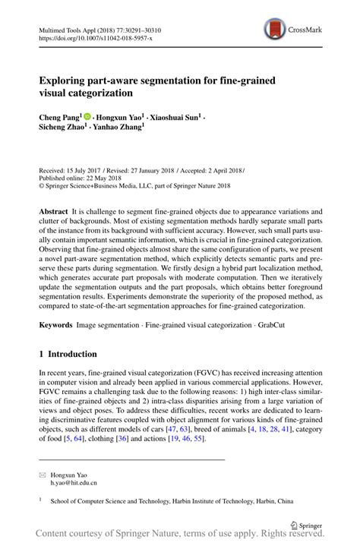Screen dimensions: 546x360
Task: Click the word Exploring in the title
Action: coord(67,80)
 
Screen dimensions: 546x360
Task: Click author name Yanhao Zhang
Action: coord(122,129)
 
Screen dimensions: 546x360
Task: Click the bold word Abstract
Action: coord(53,210)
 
